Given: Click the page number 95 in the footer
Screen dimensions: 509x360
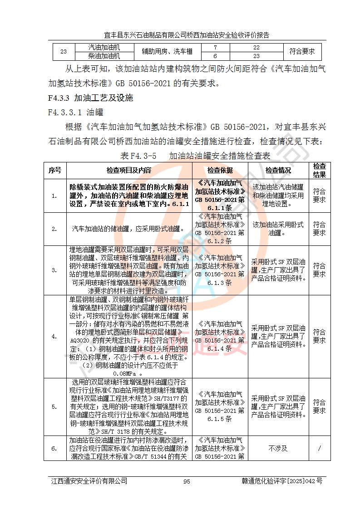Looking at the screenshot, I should [x=186, y=482].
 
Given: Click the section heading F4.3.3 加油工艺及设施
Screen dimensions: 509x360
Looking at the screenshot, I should [x=90, y=98].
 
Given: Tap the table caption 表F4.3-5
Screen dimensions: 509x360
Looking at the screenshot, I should [x=138, y=156].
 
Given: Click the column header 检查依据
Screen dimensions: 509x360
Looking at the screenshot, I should [x=220, y=170].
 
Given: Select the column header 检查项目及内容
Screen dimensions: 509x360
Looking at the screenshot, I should [x=129, y=170].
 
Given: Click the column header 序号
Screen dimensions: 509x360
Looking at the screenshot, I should [x=55, y=170].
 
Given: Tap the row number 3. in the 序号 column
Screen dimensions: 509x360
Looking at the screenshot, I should [x=55, y=270].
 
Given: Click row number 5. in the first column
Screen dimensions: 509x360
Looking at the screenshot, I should [x=55, y=406].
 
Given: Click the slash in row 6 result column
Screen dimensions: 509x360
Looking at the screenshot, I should [x=319, y=448].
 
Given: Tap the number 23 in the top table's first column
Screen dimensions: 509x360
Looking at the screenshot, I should [x=64, y=52].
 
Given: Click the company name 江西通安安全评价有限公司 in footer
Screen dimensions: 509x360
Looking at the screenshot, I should [x=89, y=481].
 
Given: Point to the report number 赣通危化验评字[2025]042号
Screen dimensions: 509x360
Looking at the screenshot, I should [x=282, y=481].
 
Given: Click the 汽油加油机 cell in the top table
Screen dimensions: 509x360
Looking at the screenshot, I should [x=104, y=48].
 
